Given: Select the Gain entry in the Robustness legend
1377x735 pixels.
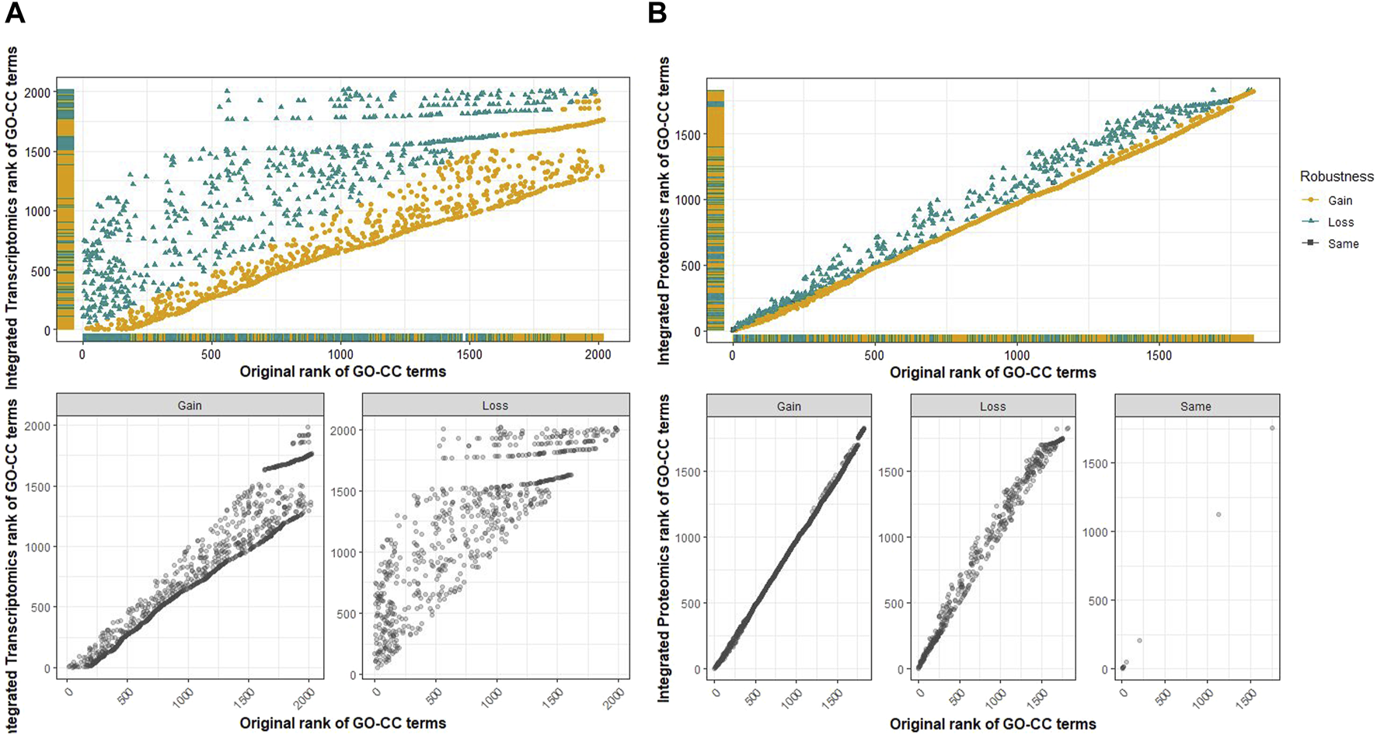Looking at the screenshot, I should [1340, 200].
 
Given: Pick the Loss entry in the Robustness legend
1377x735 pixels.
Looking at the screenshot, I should [1340, 222].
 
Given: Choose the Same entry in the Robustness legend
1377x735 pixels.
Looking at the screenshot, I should [1343, 244].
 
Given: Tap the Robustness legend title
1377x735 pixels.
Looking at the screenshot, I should [1337, 176].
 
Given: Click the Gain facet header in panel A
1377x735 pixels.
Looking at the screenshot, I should [190, 405].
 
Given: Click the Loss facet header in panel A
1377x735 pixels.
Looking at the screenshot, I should [495, 405].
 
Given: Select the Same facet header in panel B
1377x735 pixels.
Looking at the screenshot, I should [1196, 406].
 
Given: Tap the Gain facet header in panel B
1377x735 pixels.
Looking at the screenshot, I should [789, 406].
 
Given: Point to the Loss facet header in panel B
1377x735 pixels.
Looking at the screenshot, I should [992, 406].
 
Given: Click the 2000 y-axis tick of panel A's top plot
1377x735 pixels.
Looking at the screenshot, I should [37, 92].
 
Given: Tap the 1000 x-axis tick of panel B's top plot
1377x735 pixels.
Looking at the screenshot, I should [1016, 355].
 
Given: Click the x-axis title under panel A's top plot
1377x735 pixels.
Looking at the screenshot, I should [343, 372].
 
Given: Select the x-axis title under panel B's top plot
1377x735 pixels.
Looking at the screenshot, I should [992, 372].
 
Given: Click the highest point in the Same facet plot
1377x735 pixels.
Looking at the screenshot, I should [1272, 428].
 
